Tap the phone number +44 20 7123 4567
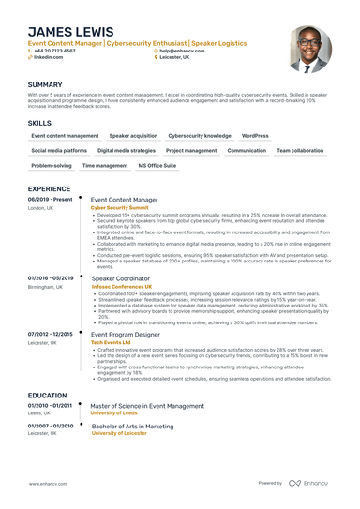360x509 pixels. [x=55, y=50]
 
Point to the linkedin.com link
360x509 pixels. [x=48, y=57]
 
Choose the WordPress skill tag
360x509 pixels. [x=255, y=136]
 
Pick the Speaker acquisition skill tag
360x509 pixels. [x=133, y=136]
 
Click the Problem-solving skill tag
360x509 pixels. [x=51, y=165]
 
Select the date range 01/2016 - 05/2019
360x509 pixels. [x=51, y=279]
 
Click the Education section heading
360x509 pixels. [x=47, y=396]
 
